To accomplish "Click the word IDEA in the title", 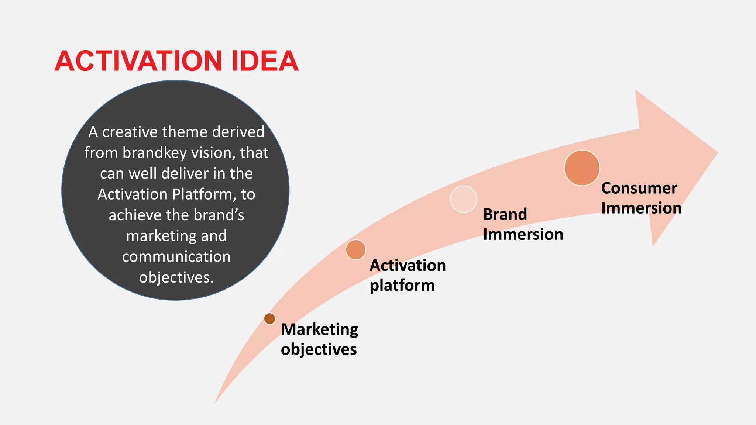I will click(x=265, y=61).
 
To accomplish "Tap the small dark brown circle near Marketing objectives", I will click(x=270, y=318).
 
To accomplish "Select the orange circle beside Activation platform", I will click(x=356, y=250).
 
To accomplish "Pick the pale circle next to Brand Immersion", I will click(x=464, y=199).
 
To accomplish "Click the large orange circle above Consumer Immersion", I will click(x=582, y=168).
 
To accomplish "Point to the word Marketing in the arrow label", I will click(x=319, y=329).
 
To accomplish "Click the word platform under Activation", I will click(x=402, y=285).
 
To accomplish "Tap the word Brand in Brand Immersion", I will click(x=505, y=214).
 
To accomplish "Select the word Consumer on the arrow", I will click(x=639, y=188).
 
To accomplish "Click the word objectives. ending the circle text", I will click(x=176, y=277).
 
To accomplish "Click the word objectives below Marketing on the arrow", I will click(x=319, y=349).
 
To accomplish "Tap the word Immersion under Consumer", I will click(x=641, y=208).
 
